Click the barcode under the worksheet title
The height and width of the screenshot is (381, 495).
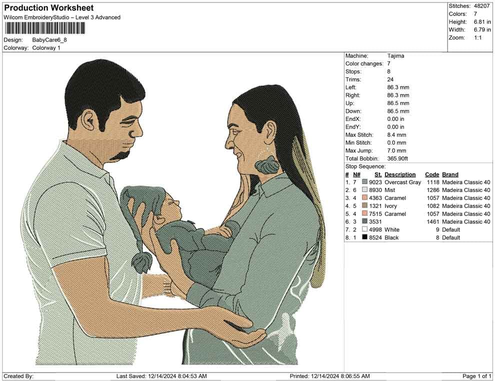click(x=44, y=28)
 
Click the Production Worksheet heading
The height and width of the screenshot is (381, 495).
click(x=49, y=8)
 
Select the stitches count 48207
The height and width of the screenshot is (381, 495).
click(x=481, y=6)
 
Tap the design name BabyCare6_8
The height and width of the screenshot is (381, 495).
click(x=49, y=40)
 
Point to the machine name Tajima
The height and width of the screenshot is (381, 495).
click(x=395, y=56)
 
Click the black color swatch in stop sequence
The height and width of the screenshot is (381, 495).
click(x=364, y=237)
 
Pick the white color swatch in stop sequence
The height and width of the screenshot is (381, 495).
click(x=364, y=229)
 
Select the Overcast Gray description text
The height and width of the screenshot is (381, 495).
click(x=403, y=182)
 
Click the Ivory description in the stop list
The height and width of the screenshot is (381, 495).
click(x=390, y=206)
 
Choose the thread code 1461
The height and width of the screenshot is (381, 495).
click(x=433, y=221)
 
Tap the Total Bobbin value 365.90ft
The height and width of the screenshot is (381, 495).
click(x=397, y=158)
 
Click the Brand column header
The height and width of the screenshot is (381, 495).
click(x=450, y=174)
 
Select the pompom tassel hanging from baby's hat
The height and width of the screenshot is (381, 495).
click(x=141, y=262)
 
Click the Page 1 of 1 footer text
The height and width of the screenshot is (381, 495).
click(x=476, y=376)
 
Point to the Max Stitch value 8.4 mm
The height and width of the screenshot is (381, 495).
click(x=396, y=135)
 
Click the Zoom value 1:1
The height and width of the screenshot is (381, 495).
click(x=477, y=38)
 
